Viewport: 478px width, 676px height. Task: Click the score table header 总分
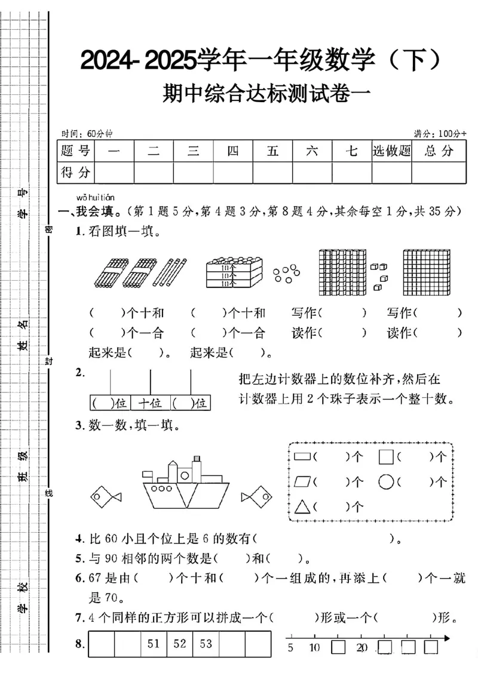[439, 151]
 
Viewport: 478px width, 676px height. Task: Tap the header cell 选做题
[391, 151]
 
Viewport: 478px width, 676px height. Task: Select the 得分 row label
[76, 173]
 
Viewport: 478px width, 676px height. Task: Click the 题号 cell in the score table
[76, 151]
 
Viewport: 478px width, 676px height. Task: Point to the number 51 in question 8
[154, 644]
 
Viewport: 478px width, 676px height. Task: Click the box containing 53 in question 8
[206, 644]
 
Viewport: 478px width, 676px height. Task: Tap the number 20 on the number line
[361, 648]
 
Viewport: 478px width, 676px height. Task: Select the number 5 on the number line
[290, 648]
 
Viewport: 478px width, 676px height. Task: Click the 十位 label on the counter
[150, 403]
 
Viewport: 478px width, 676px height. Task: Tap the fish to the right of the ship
[257, 496]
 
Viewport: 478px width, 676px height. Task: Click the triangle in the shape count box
[302, 506]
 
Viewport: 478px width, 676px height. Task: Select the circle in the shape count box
[386, 481]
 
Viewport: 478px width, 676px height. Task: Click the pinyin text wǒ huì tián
[96, 197]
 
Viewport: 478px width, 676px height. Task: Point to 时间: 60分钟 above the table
[82, 133]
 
